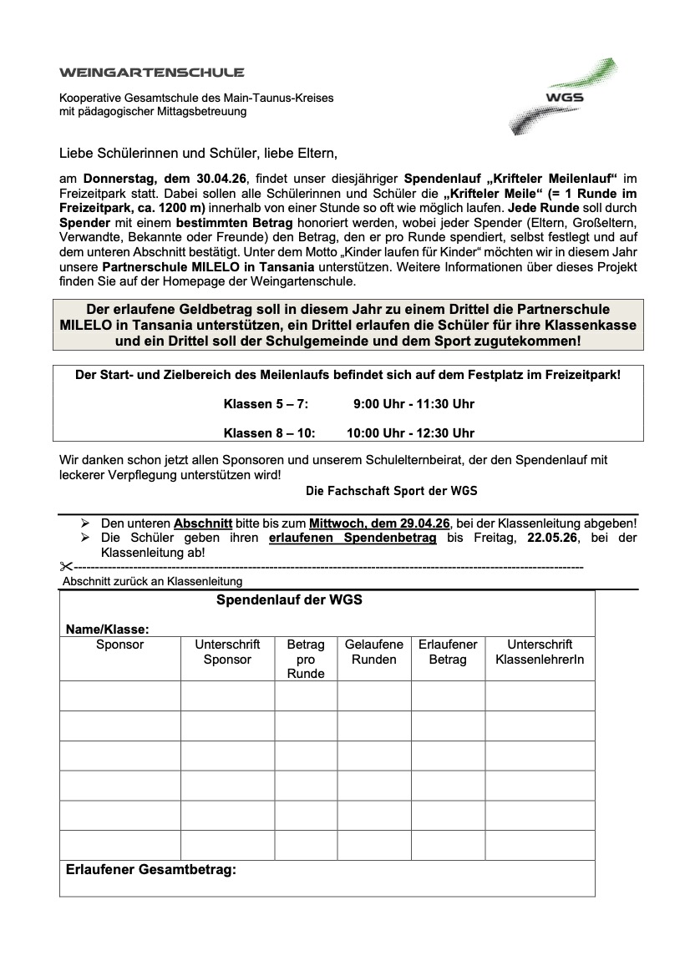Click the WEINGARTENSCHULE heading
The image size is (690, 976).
coord(152,73)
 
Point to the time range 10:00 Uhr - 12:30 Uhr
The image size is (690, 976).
coord(410,432)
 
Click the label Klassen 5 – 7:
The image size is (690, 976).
coord(266,404)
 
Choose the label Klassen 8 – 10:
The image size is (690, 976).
coord(269,432)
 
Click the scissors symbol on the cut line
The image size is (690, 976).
coord(67,567)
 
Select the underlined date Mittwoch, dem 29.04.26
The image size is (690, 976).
coord(379,523)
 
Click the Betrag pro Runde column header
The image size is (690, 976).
coord(306,659)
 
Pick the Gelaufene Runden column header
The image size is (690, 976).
coord(374,652)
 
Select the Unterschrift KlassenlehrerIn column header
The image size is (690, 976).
coord(540,652)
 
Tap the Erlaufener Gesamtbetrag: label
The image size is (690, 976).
coord(151,869)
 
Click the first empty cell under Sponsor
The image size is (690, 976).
coord(120,695)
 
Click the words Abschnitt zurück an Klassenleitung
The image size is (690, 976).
coord(152,581)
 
